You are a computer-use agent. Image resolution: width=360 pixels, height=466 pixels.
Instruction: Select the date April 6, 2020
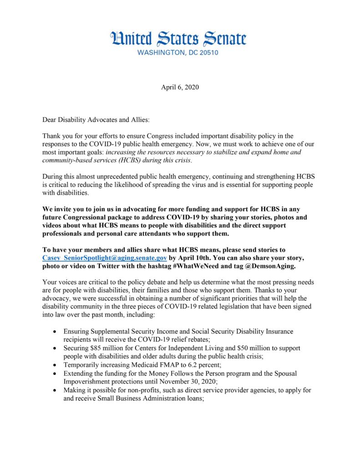(180, 87)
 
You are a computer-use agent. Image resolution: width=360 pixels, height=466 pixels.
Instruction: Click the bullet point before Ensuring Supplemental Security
(55, 331)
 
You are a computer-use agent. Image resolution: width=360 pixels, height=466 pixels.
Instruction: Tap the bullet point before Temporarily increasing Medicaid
(55, 365)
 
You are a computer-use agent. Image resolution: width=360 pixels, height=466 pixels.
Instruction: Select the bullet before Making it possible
(55, 390)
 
